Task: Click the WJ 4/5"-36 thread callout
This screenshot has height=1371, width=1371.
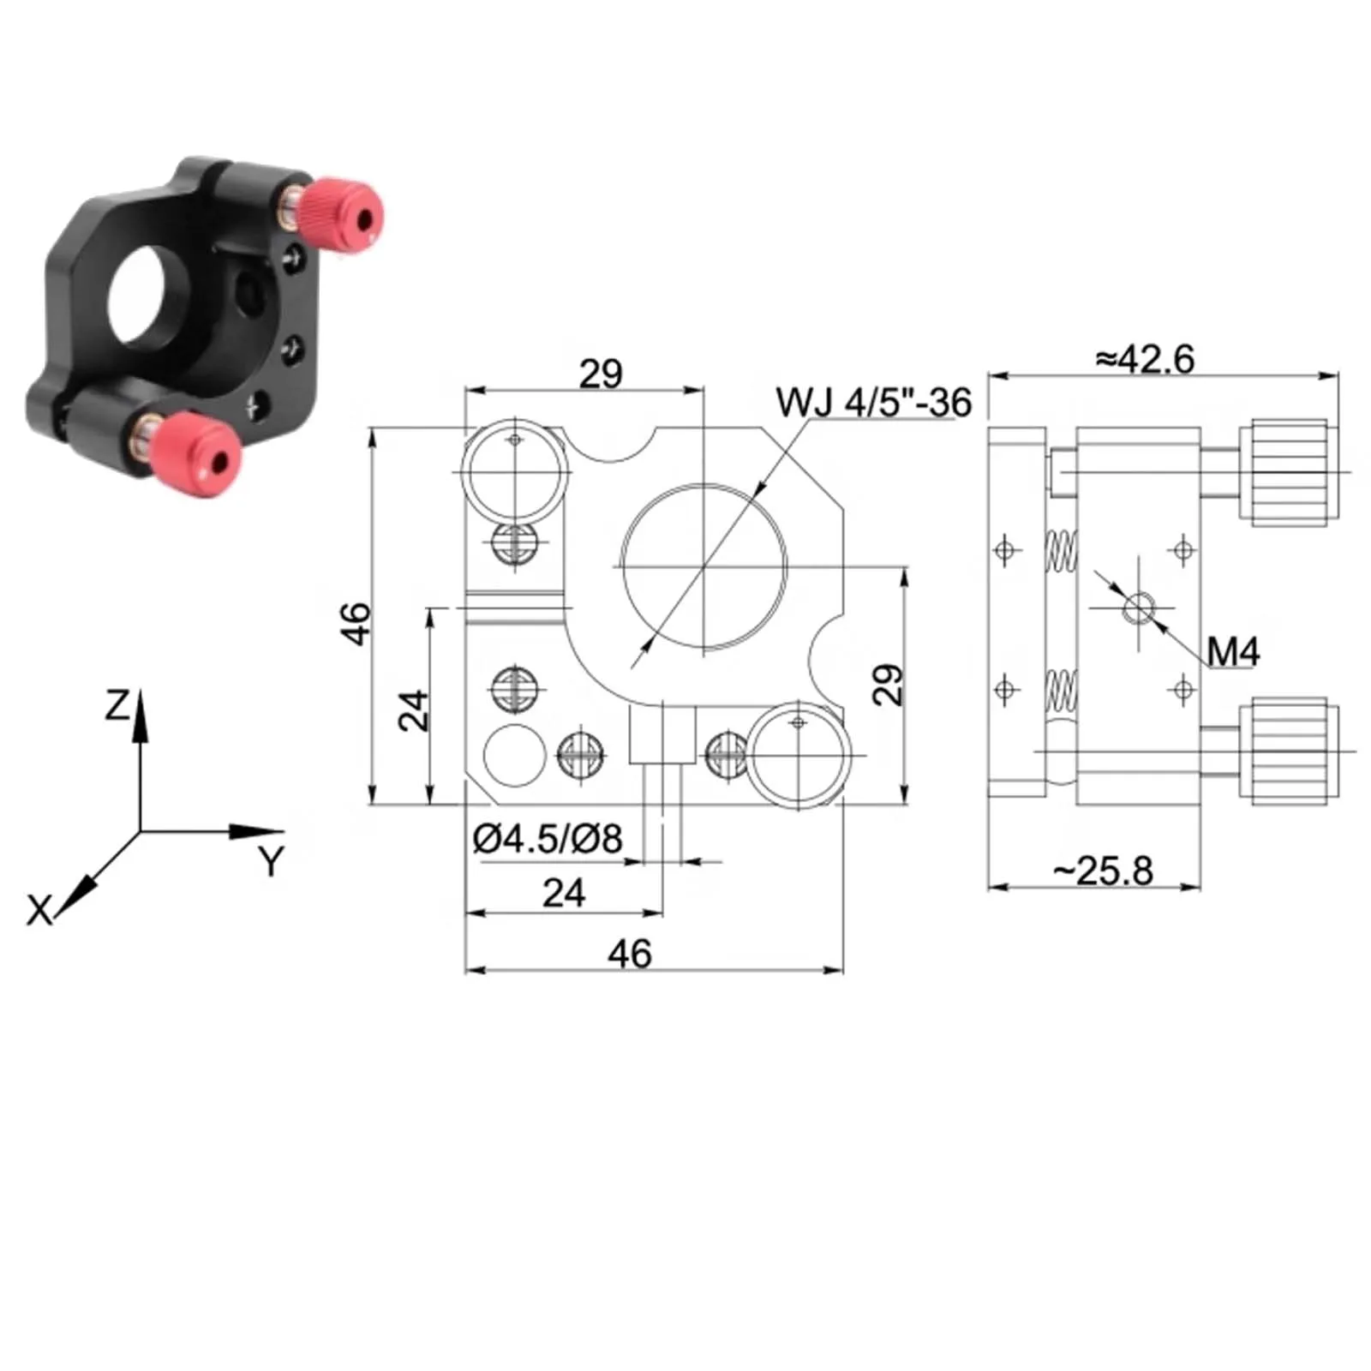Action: [x=874, y=402]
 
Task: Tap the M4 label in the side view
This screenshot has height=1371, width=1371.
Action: [x=1233, y=652]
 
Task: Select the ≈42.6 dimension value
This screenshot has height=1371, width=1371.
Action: [x=1145, y=359]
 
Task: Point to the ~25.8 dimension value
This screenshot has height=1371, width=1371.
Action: [x=1104, y=871]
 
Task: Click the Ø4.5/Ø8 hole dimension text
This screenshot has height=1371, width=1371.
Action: [x=548, y=839]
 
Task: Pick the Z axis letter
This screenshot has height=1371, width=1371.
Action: [x=117, y=705]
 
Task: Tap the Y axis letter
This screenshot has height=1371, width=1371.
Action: [x=271, y=860]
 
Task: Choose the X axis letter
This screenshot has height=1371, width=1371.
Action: [x=39, y=910]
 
